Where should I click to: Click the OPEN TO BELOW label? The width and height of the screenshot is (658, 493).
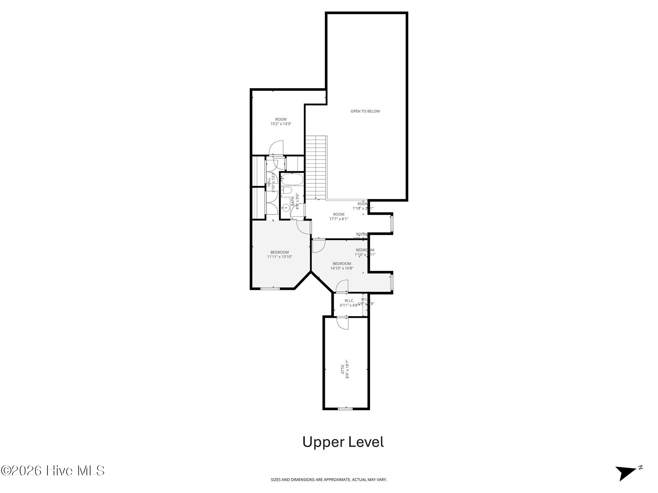(365, 111)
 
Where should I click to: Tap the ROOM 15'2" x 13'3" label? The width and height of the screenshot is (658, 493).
(281, 121)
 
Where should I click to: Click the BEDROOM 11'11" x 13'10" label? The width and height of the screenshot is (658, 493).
(280, 255)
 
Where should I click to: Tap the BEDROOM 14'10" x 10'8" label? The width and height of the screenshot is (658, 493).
(342, 266)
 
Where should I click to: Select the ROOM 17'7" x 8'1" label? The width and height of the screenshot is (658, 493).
(339, 217)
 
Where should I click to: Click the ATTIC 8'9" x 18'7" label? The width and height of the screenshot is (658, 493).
(345, 369)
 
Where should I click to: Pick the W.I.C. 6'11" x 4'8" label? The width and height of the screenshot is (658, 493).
(349, 303)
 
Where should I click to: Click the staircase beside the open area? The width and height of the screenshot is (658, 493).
(316, 167)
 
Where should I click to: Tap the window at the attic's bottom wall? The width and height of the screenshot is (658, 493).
(345, 409)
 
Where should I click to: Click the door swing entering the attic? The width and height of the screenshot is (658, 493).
(343, 323)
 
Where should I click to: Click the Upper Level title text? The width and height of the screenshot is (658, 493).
(343, 442)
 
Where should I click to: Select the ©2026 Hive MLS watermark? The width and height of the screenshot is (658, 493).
(53, 471)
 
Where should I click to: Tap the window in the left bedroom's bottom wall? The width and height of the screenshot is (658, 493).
(270, 289)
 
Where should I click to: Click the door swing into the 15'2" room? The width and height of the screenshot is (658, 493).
(276, 148)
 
